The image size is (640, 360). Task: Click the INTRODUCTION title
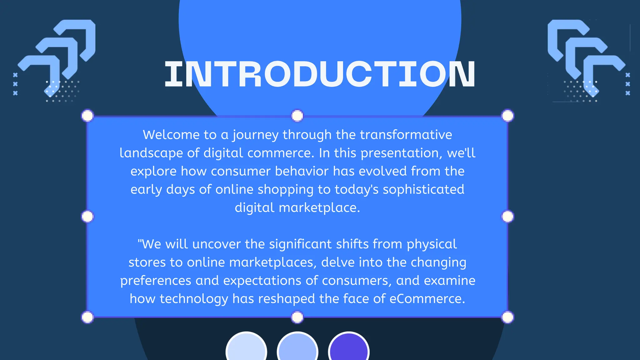(320, 74)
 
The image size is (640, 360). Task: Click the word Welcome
(171, 135)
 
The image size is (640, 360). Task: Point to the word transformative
(406, 135)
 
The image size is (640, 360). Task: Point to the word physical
(432, 244)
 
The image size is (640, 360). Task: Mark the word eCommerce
(427, 299)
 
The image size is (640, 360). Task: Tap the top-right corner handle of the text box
(507, 116)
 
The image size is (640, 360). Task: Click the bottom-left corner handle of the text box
(87, 317)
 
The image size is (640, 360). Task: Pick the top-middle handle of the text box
(297, 116)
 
